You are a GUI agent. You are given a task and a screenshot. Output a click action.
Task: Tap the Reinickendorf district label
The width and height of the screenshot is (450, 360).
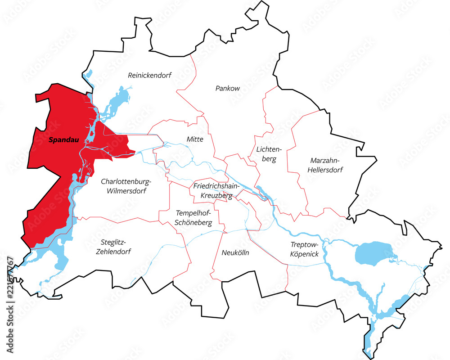point(150,75)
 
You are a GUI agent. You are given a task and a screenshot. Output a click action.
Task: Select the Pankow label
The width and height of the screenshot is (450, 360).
point(227,88)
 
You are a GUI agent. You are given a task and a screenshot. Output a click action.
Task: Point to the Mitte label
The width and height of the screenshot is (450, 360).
point(195,139)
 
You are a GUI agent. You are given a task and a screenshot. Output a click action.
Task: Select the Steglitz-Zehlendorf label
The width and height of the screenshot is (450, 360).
point(113,247)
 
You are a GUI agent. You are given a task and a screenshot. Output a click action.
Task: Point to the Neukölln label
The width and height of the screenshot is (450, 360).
point(235,253)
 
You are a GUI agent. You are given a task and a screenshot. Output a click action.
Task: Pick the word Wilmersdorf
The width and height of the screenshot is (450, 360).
point(126,191)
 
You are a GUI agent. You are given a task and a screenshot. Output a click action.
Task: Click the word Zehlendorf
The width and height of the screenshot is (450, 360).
point(113,252)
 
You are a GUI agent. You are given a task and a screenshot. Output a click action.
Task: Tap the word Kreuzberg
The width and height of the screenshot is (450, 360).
point(216,196)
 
